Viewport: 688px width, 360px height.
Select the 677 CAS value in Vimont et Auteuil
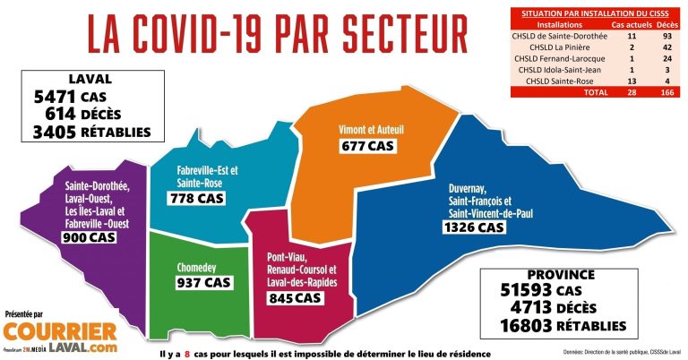(368, 145)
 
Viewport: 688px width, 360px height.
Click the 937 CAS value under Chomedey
(203, 282)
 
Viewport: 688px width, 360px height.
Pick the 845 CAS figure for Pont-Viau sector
(295, 298)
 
